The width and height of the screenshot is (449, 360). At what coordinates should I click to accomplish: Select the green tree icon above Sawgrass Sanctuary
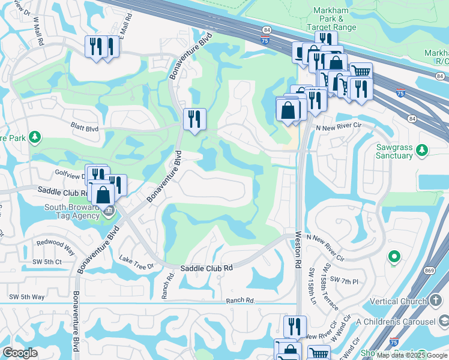pyautogui.click(x=423, y=148)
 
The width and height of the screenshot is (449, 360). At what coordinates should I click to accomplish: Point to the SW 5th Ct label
pyautogui.click(x=47, y=262)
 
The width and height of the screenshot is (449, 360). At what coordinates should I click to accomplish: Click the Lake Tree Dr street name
pyautogui.click(x=137, y=262)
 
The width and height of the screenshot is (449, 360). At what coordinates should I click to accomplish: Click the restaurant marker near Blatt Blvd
pyautogui.click(x=194, y=119)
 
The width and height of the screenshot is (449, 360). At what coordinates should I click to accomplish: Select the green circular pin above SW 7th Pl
pyautogui.click(x=394, y=257)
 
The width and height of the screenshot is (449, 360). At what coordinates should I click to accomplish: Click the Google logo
pyautogui.click(x=19, y=353)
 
